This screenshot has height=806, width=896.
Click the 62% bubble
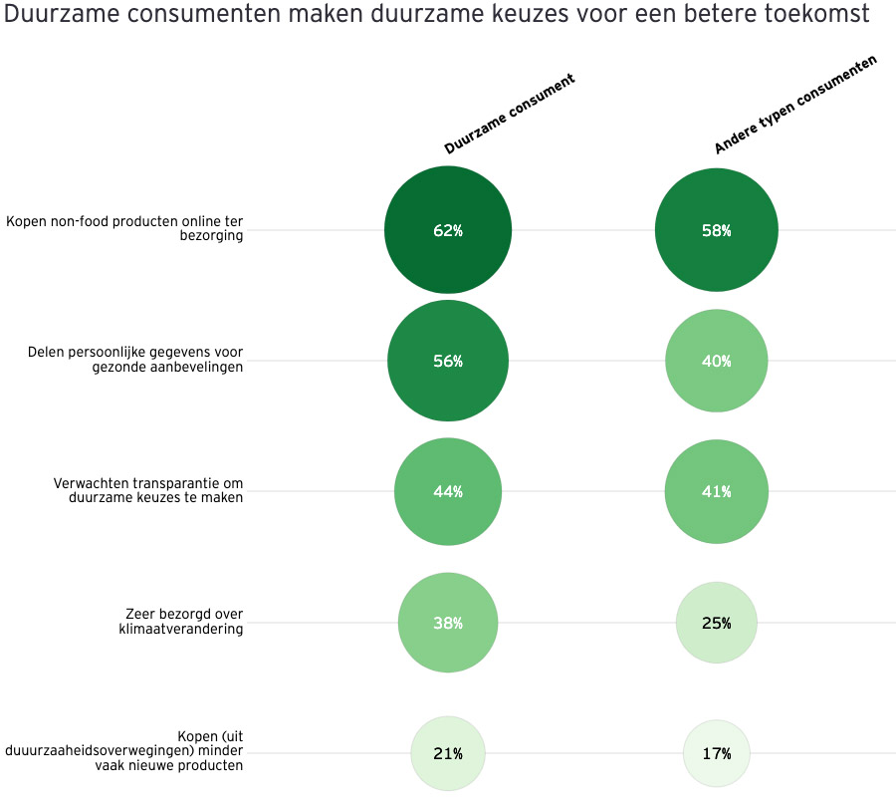pyautogui.click(x=448, y=230)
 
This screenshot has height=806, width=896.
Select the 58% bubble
pyautogui.click(x=716, y=230)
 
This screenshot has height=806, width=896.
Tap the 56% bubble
pyautogui.click(x=448, y=361)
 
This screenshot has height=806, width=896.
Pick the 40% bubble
pyautogui.click(x=716, y=361)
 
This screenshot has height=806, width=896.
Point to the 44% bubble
pyautogui.click(x=448, y=491)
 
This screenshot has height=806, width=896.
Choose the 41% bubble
pyautogui.click(x=716, y=491)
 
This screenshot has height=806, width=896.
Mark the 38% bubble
pyautogui.click(x=448, y=623)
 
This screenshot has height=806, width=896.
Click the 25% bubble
pyautogui.click(x=716, y=623)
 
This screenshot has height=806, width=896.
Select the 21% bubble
pyautogui.click(x=448, y=753)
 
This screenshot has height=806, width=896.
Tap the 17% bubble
pyautogui.click(x=716, y=753)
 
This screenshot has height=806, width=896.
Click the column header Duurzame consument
pyautogui.click(x=510, y=114)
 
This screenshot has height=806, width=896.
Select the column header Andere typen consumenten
pyautogui.click(x=795, y=105)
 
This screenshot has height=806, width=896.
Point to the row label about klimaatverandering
pyautogui.click(x=183, y=621)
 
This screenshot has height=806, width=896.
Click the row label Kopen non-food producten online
pyautogui.click(x=124, y=228)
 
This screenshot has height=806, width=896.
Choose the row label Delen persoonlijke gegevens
pyautogui.click(x=135, y=359)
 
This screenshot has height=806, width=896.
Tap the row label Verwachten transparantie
pyautogui.click(x=147, y=490)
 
